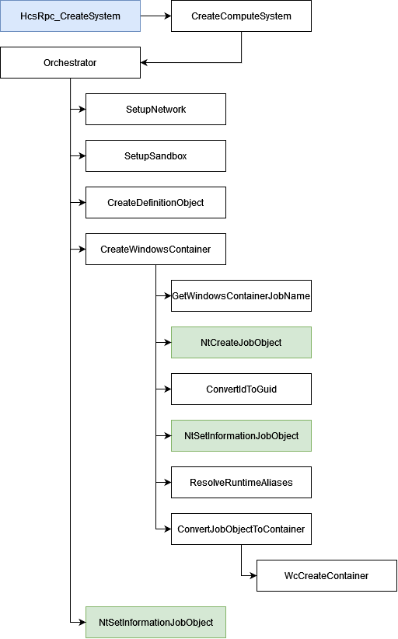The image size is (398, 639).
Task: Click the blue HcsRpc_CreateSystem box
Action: tap(70, 16)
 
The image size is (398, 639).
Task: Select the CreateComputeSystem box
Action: tap(241, 16)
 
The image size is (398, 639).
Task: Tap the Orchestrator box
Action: tap(70, 62)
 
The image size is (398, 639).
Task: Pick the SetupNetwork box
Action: tap(155, 109)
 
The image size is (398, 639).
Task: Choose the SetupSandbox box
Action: tap(155, 155)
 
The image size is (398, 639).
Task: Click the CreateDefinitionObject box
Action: tap(155, 203)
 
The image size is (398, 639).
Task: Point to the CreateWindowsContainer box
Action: tap(155, 249)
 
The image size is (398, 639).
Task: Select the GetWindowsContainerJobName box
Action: tap(241, 296)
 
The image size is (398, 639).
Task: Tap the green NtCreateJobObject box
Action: tap(241, 342)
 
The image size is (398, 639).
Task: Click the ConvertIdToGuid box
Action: tap(241, 389)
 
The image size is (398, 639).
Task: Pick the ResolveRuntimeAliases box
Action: tap(241, 482)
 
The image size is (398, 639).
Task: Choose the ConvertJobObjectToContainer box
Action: tap(241, 529)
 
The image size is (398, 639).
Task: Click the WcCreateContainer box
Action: tap(326, 575)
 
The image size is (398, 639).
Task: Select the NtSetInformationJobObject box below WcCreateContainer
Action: tap(155, 623)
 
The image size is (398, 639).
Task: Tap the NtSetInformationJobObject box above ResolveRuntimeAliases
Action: tap(241, 435)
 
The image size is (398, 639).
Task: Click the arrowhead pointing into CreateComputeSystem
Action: tap(167, 16)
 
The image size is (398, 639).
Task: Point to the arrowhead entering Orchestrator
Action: tap(145, 62)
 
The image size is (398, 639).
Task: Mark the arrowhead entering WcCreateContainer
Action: tap(253, 575)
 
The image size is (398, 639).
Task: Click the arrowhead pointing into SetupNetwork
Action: tap(82, 109)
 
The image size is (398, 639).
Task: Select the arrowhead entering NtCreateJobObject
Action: tap(167, 342)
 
